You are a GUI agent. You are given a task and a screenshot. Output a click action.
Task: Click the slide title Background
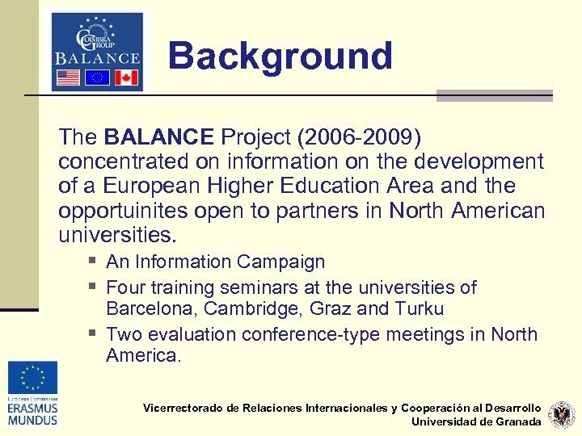(x=280, y=57)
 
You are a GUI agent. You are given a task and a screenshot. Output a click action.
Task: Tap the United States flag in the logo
(x=67, y=78)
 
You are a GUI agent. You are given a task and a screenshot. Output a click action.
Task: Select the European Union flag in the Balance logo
(x=98, y=78)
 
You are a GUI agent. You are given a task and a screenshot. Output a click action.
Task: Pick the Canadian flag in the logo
(x=125, y=78)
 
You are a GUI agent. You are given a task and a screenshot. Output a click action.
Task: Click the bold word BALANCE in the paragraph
(x=159, y=136)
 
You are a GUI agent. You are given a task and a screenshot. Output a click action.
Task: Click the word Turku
(x=419, y=309)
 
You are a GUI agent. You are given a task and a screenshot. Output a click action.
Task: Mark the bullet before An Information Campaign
(x=95, y=261)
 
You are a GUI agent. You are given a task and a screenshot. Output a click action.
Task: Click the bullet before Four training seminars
(x=95, y=287)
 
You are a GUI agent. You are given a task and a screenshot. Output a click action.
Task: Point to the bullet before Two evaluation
(x=95, y=333)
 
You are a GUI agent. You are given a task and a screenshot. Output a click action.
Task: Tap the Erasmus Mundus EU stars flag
(x=33, y=377)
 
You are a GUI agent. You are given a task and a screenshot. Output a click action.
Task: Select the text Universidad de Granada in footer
(x=476, y=421)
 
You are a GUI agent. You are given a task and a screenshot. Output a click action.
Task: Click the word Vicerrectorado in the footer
(x=183, y=409)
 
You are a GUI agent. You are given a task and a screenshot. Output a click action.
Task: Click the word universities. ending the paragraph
(x=116, y=236)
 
